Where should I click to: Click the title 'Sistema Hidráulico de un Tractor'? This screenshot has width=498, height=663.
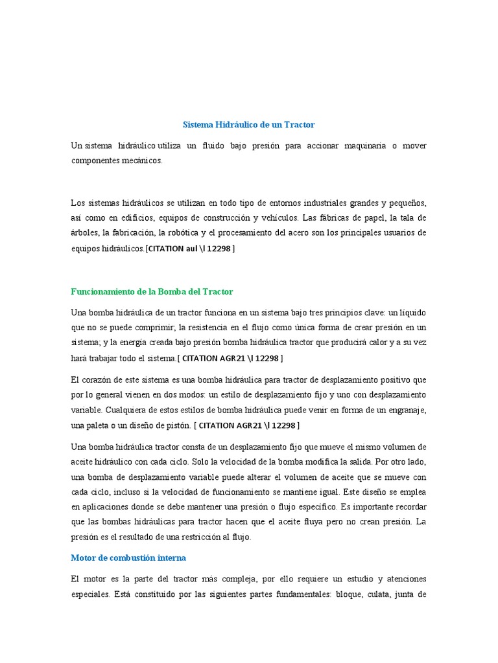pyautogui.click(x=248, y=124)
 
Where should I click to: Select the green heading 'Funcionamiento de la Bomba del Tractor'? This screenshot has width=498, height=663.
pyautogui.click(x=152, y=292)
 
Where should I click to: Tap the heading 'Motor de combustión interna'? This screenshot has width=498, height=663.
pyautogui.click(x=128, y=557)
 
